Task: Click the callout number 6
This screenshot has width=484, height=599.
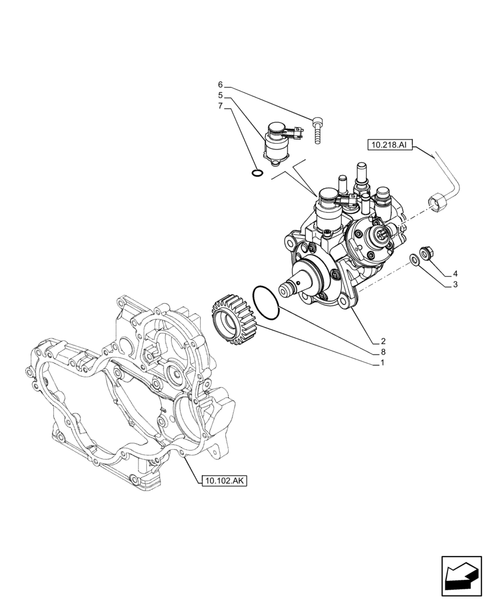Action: coord(220,84)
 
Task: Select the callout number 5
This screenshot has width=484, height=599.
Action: coord(220,95)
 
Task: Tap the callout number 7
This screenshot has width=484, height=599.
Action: coord(220,106)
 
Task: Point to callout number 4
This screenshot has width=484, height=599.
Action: coord(455,273)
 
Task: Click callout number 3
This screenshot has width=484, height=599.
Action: coord(455,285)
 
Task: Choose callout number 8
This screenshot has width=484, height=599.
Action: coord(382,352)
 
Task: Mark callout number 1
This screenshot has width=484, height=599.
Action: coord(382,364)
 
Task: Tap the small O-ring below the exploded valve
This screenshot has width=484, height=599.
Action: coord(256,174)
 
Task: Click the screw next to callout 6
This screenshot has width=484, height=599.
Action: coord(317,129)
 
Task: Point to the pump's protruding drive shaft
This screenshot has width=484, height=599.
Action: coord(294,285)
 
